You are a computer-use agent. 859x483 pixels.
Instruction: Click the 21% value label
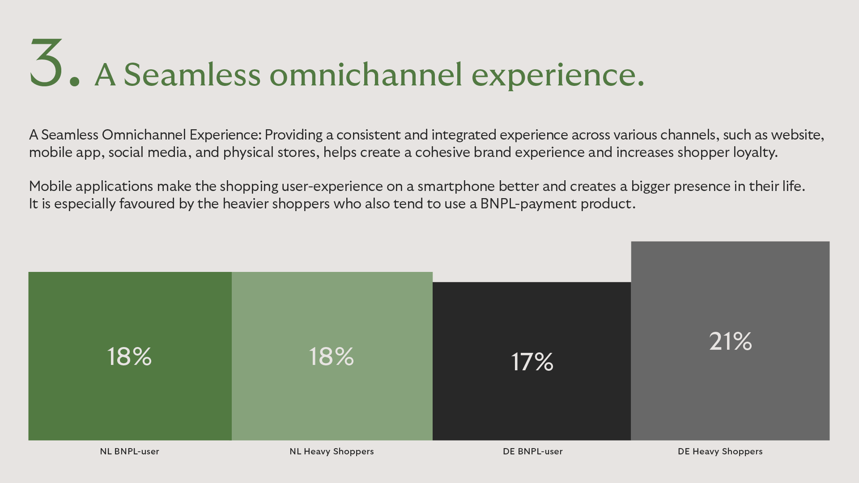tap(730, 341)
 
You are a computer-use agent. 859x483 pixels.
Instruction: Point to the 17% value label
tap(532, 362)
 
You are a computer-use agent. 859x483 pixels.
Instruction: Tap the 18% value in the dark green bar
tap(129, 357)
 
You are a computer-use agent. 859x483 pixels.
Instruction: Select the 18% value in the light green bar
tap(331, 357)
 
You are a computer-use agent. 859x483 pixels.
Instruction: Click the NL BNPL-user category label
tap(129, 451)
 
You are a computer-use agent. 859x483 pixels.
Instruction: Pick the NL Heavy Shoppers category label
tap(332, 451)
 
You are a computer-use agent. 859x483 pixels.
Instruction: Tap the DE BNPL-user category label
tap(532, 451)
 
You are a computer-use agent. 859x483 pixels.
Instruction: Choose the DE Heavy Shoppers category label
tap(720, 451)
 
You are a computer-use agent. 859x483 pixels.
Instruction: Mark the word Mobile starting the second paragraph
tap(51, 186)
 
